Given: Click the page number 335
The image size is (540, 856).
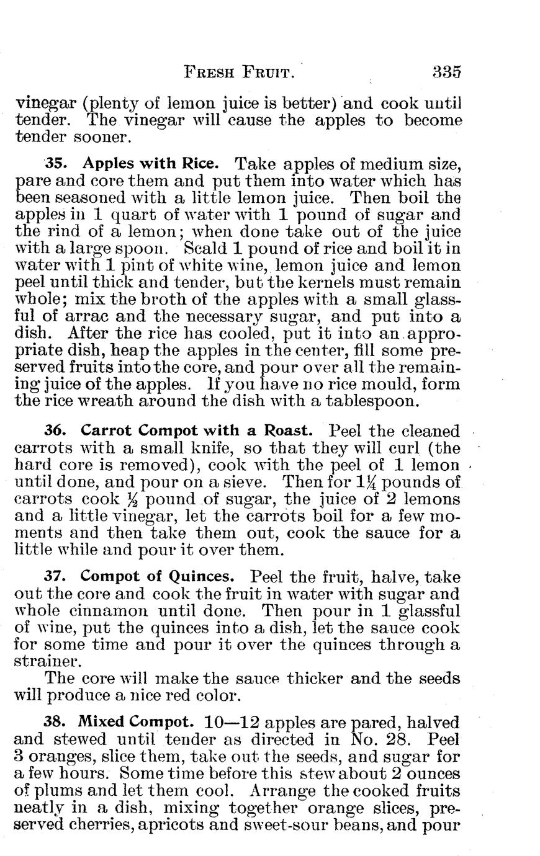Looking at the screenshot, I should tap(446, 71).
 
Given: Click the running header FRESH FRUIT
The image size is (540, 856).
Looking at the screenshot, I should tap(238, 72).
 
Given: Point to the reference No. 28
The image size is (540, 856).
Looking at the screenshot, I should tap(383, 739).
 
